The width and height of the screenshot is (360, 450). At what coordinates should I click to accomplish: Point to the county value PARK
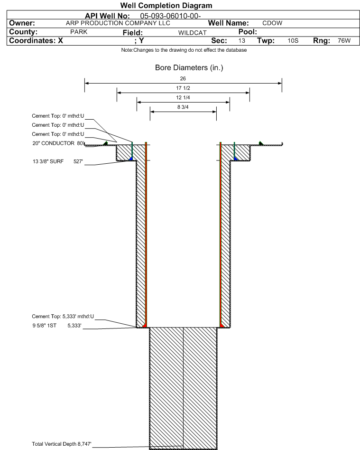pos(78,32)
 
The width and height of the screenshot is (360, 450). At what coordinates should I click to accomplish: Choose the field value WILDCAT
pos(192,33)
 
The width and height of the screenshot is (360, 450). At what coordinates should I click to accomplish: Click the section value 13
pos(242,41)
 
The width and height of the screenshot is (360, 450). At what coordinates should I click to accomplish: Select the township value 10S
pos(292,41)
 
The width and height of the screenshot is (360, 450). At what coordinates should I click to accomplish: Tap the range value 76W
pos(344,41)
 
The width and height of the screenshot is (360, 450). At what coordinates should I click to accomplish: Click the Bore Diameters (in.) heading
pos(189,68)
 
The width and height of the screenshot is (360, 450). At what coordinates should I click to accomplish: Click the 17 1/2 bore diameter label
pos(183,88)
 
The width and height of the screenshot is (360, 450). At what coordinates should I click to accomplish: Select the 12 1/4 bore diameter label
pos(183,98)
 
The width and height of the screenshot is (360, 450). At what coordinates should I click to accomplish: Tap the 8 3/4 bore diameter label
pos(183,108)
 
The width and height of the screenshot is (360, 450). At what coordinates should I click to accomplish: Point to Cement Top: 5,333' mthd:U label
pos(63,317)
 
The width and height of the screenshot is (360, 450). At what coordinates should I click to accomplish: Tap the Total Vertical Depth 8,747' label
pos(61,444)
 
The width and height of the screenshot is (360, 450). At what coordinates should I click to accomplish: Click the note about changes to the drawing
pos(184,50)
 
